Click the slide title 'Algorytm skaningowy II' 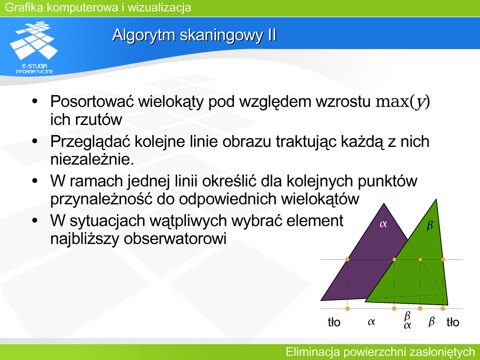(195, 35)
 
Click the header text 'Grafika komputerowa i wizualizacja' (98, 7)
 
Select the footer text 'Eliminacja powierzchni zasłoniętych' (380, 352)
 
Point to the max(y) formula (403, 102)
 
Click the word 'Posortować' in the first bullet (92, 101)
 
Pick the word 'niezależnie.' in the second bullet (92, 159)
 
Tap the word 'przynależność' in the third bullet (101, 199)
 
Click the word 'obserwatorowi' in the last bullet (175, 239)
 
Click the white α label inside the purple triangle (383, 224)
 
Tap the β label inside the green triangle (430, 226)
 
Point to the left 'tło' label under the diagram (334, 322)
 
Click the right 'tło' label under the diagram (453, 322)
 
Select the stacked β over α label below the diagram (407, 320)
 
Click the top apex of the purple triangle (384, 203)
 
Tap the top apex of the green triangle (436, 199)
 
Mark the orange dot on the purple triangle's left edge (347, 260)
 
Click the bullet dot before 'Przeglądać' (35, 142)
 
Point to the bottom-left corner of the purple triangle (321, 300)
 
